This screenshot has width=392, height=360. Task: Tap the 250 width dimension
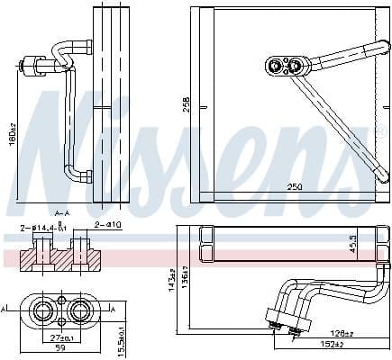294,186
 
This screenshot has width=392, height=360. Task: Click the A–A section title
62,212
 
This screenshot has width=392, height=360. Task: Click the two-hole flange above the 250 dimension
286,65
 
